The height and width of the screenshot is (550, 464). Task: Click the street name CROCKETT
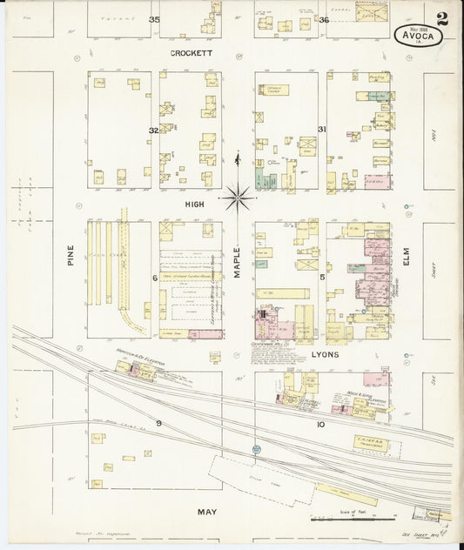click(192, 52)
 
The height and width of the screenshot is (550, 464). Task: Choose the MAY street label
click(205, 512)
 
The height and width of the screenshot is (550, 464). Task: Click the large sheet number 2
click(443, 18)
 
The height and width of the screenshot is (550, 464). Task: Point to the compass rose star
click(237, 198)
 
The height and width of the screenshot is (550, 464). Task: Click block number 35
click(155, 20)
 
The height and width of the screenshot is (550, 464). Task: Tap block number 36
click(323, 20)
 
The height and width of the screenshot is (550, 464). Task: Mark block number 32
click(153, 131)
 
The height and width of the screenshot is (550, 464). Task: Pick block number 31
click(322, 130)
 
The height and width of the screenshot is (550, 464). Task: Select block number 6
click(155, 278)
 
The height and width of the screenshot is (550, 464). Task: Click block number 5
click(322, 278)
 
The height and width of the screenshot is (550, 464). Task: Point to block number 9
click(158, 423)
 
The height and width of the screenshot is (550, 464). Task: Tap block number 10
click(320, 425)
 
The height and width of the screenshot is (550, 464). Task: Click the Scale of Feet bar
click(348, 520)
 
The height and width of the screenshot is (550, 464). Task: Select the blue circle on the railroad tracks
click(257, 449)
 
